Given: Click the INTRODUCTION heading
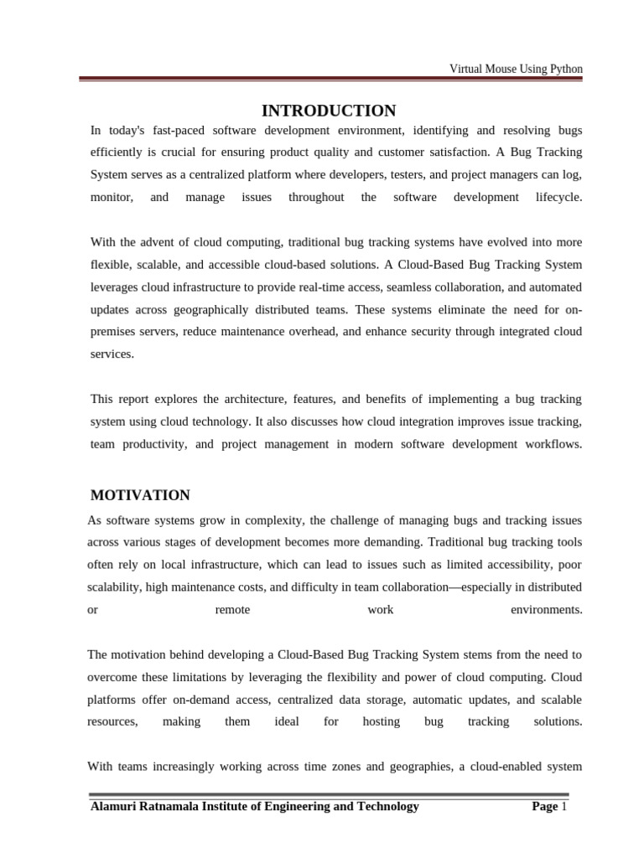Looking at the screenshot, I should point(329,111).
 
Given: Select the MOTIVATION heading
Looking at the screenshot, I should point(140,495).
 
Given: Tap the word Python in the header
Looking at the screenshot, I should point(564,69).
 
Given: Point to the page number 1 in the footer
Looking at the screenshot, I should point(565,806).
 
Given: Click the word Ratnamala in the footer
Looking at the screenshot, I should point(173,806).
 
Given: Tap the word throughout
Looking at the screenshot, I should point(316,197).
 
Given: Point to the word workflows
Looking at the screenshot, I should point(552,444).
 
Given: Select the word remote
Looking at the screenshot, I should point(232,609).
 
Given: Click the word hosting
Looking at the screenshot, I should point(381,721).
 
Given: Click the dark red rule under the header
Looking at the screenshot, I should point(331,80).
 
